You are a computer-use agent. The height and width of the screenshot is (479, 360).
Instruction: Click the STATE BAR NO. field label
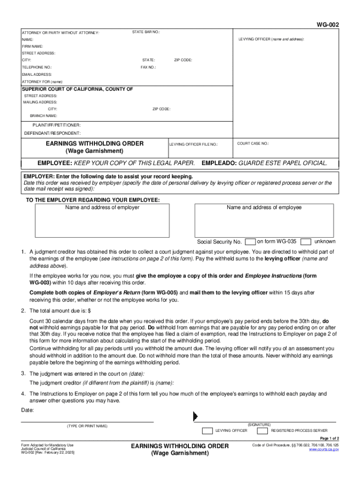click(x=146, y=32)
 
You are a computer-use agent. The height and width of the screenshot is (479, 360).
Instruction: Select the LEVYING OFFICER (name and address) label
click(x=271, y=39)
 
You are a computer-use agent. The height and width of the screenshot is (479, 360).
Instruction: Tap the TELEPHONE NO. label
click(x=37, y=67)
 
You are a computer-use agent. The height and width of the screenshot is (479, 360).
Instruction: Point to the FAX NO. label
click(x=148, y=67)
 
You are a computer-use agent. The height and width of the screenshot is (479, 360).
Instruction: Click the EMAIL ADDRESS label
click(x=37, y=74)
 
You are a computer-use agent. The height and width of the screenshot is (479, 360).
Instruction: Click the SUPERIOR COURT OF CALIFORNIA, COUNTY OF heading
click(x=78, y=89)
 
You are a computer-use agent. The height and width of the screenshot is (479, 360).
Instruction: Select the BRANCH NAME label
click(x=43, y=116)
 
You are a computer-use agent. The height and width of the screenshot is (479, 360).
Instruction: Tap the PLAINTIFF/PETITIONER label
click(x=57, y=125)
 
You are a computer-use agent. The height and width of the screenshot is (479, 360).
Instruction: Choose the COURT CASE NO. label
click(x=253, y=144)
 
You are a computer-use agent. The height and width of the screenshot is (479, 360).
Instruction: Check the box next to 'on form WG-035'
click(x=250, y=242)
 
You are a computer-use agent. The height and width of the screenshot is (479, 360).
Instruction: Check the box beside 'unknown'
click(x=306, y=242)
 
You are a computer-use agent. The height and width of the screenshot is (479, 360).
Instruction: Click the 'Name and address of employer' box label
click(x=102, y=207)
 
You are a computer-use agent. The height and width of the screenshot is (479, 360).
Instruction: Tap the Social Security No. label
click(x=219, y=242)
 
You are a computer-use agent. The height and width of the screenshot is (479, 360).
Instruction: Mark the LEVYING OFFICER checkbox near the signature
click(x=208, y=430)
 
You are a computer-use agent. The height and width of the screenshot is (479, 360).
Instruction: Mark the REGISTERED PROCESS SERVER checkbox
click(x=263, y=430)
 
